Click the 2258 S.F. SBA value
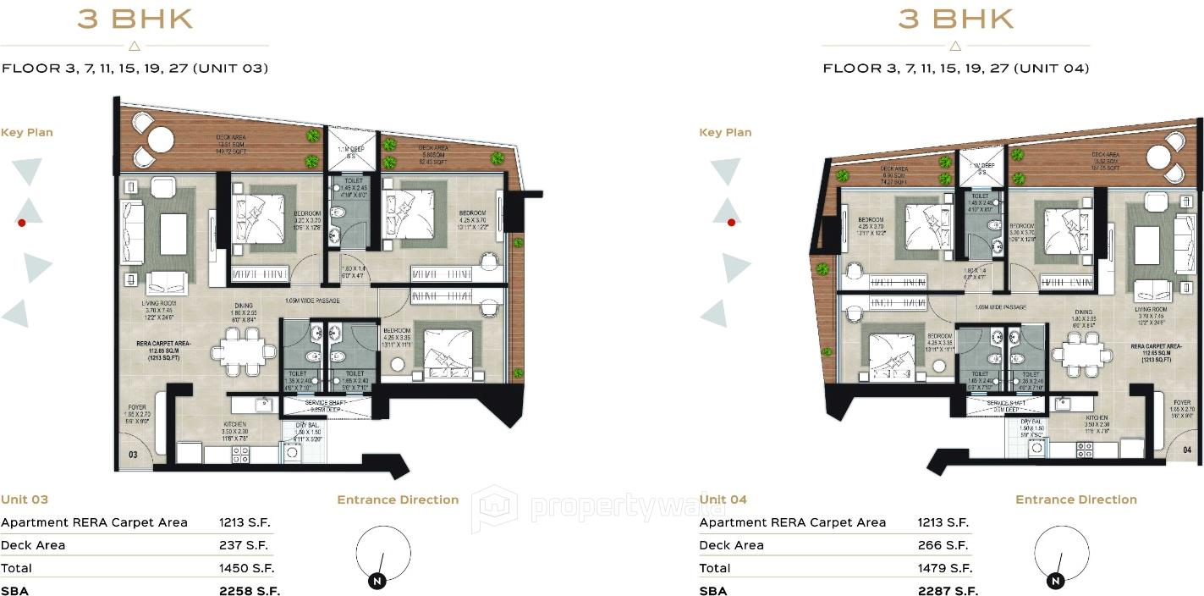(249, 591)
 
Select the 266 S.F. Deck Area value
(943, 545)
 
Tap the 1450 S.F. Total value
(246, 568)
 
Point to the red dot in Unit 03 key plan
(22, 223)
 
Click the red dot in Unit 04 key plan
(731, 223)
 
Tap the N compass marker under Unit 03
(376, 581)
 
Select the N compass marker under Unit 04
(1055, 581)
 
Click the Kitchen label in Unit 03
(235, 423)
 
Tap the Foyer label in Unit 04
(1181, 402)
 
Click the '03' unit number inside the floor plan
(133, 455)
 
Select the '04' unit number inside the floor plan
(1187, 450)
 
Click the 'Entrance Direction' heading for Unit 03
(398, 499)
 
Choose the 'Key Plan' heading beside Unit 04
(725, 132)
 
